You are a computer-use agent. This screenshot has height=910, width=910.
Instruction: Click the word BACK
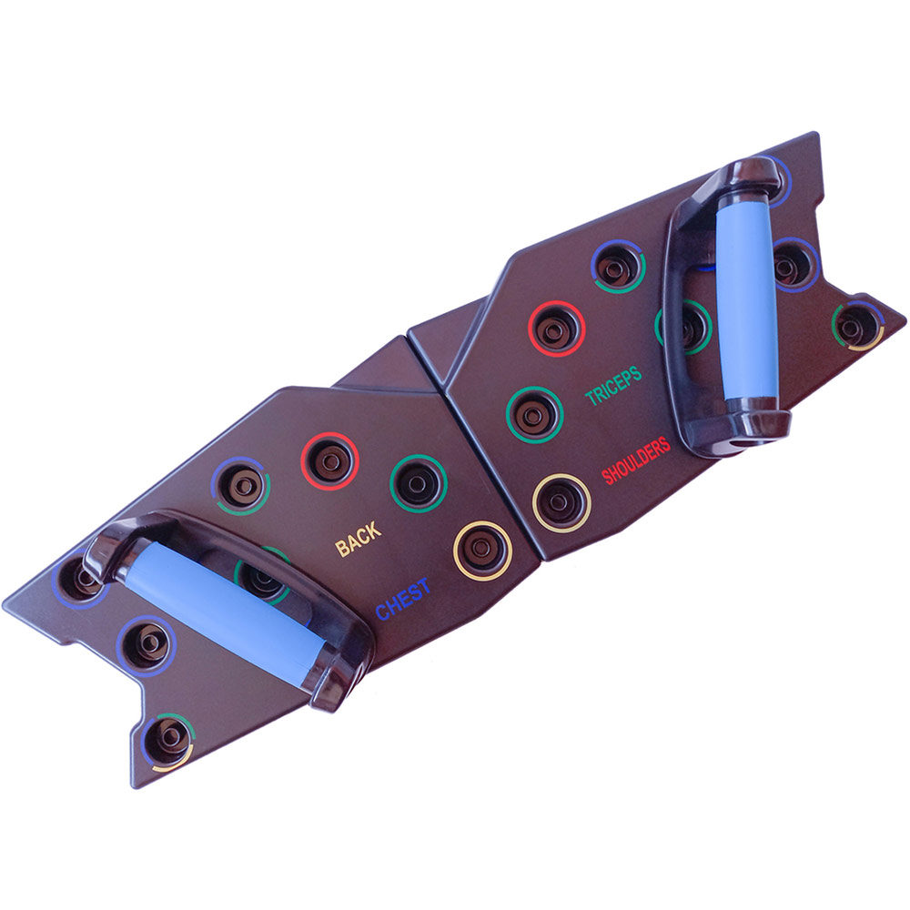click(x=359, y=539)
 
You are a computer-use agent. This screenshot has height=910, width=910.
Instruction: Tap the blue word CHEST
click(x=403, y=599)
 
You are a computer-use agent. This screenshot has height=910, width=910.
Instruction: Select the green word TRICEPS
click(x=612, y=385)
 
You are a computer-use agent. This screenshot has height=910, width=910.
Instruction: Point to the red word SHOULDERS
click(x=635, y=460)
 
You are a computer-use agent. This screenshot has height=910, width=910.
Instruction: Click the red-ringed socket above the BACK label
click(x=330, y=461)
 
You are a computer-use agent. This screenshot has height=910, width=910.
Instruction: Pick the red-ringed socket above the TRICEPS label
click(x=556, y=329)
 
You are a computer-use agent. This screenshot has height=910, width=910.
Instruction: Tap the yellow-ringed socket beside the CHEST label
click(x=481, y=551)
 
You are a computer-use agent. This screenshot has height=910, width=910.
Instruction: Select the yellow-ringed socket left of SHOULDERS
click(x=561, y=503)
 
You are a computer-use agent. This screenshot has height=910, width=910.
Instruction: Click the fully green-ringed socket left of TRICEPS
click(x=534, y=414)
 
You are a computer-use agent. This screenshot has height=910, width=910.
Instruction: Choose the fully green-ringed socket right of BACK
click(x=419, y=483)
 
